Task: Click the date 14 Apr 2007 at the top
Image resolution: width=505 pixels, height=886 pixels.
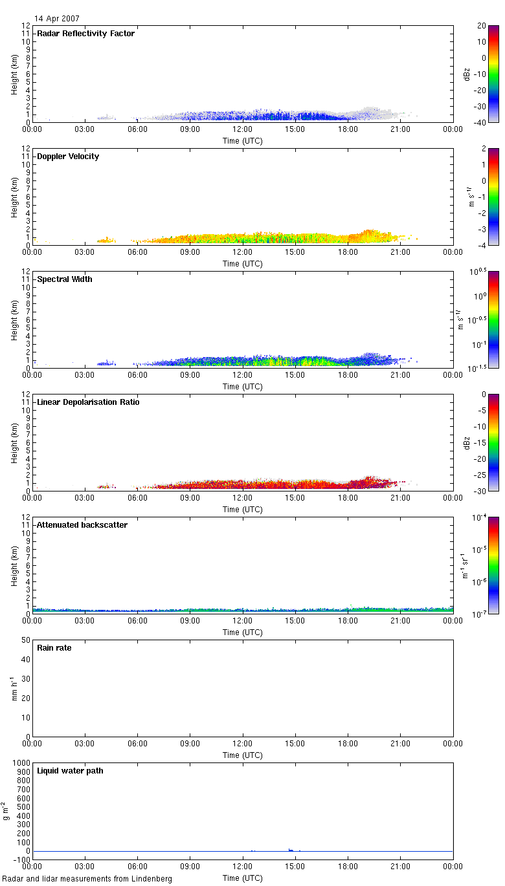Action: (58, 19)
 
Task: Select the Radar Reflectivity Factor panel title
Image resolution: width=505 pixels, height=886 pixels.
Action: (85, 34)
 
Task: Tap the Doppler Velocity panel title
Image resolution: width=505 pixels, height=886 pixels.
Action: (68, 157)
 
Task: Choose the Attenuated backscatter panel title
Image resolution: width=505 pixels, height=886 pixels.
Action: (82, 525)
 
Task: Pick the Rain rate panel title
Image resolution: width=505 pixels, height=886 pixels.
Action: (54, 648)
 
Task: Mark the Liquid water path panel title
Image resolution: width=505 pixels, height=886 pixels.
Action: (70, 771)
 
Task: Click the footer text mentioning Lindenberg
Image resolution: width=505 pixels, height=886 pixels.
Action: (87, 879)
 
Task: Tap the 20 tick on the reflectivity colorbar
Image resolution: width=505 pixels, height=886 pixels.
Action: (482, 25)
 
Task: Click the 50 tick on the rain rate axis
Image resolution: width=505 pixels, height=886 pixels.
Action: (26, 640)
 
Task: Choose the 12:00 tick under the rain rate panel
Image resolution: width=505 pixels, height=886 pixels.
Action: (243, 744)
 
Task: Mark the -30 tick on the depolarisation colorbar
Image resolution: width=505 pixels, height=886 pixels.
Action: (482, 491)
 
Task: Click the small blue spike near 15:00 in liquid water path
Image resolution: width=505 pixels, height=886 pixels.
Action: (291, 849)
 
